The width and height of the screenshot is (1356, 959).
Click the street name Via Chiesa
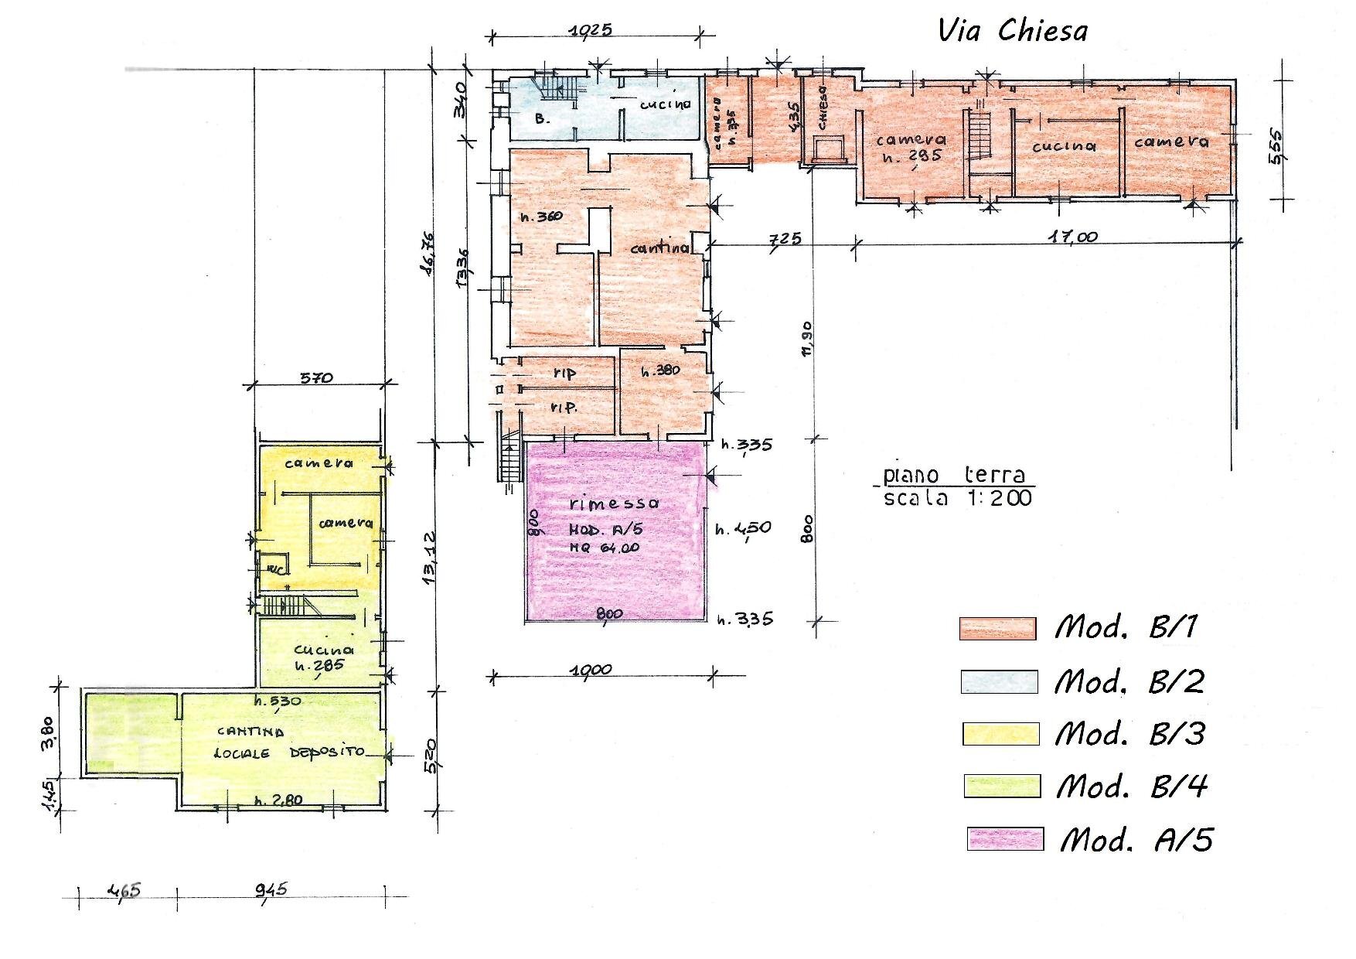point(1012,31)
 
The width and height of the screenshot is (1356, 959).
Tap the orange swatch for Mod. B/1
point(997,628)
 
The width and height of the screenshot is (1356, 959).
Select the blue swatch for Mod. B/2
point(999,681)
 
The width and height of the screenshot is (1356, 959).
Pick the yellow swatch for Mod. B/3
point(1000,733)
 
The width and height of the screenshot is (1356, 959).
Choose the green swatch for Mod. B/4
point(1002,786)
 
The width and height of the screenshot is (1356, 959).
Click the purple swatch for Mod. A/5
point(1005,839)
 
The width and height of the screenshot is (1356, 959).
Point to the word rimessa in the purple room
point(614,503)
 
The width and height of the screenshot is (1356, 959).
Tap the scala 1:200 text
point(957,498)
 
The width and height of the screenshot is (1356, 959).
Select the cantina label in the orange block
point(659,248)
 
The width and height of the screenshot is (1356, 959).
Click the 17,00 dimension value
point(1073,237)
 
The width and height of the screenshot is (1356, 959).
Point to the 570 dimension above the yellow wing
point(316,378)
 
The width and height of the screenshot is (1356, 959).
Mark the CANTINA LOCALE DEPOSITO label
point(290,742)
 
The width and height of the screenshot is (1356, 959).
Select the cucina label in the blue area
point(665,104)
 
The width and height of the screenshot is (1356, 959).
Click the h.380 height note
point(660,370)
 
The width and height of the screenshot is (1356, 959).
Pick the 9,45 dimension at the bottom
point(271,889)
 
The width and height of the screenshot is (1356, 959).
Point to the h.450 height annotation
point(743,529)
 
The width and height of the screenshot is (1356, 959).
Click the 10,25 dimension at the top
point(590,30)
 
